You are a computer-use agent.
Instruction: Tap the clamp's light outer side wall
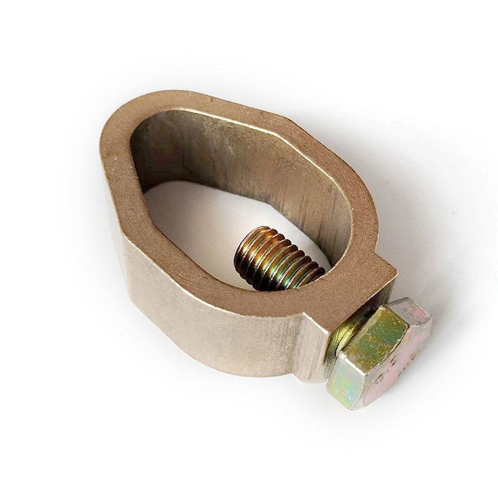pos(187,293)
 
